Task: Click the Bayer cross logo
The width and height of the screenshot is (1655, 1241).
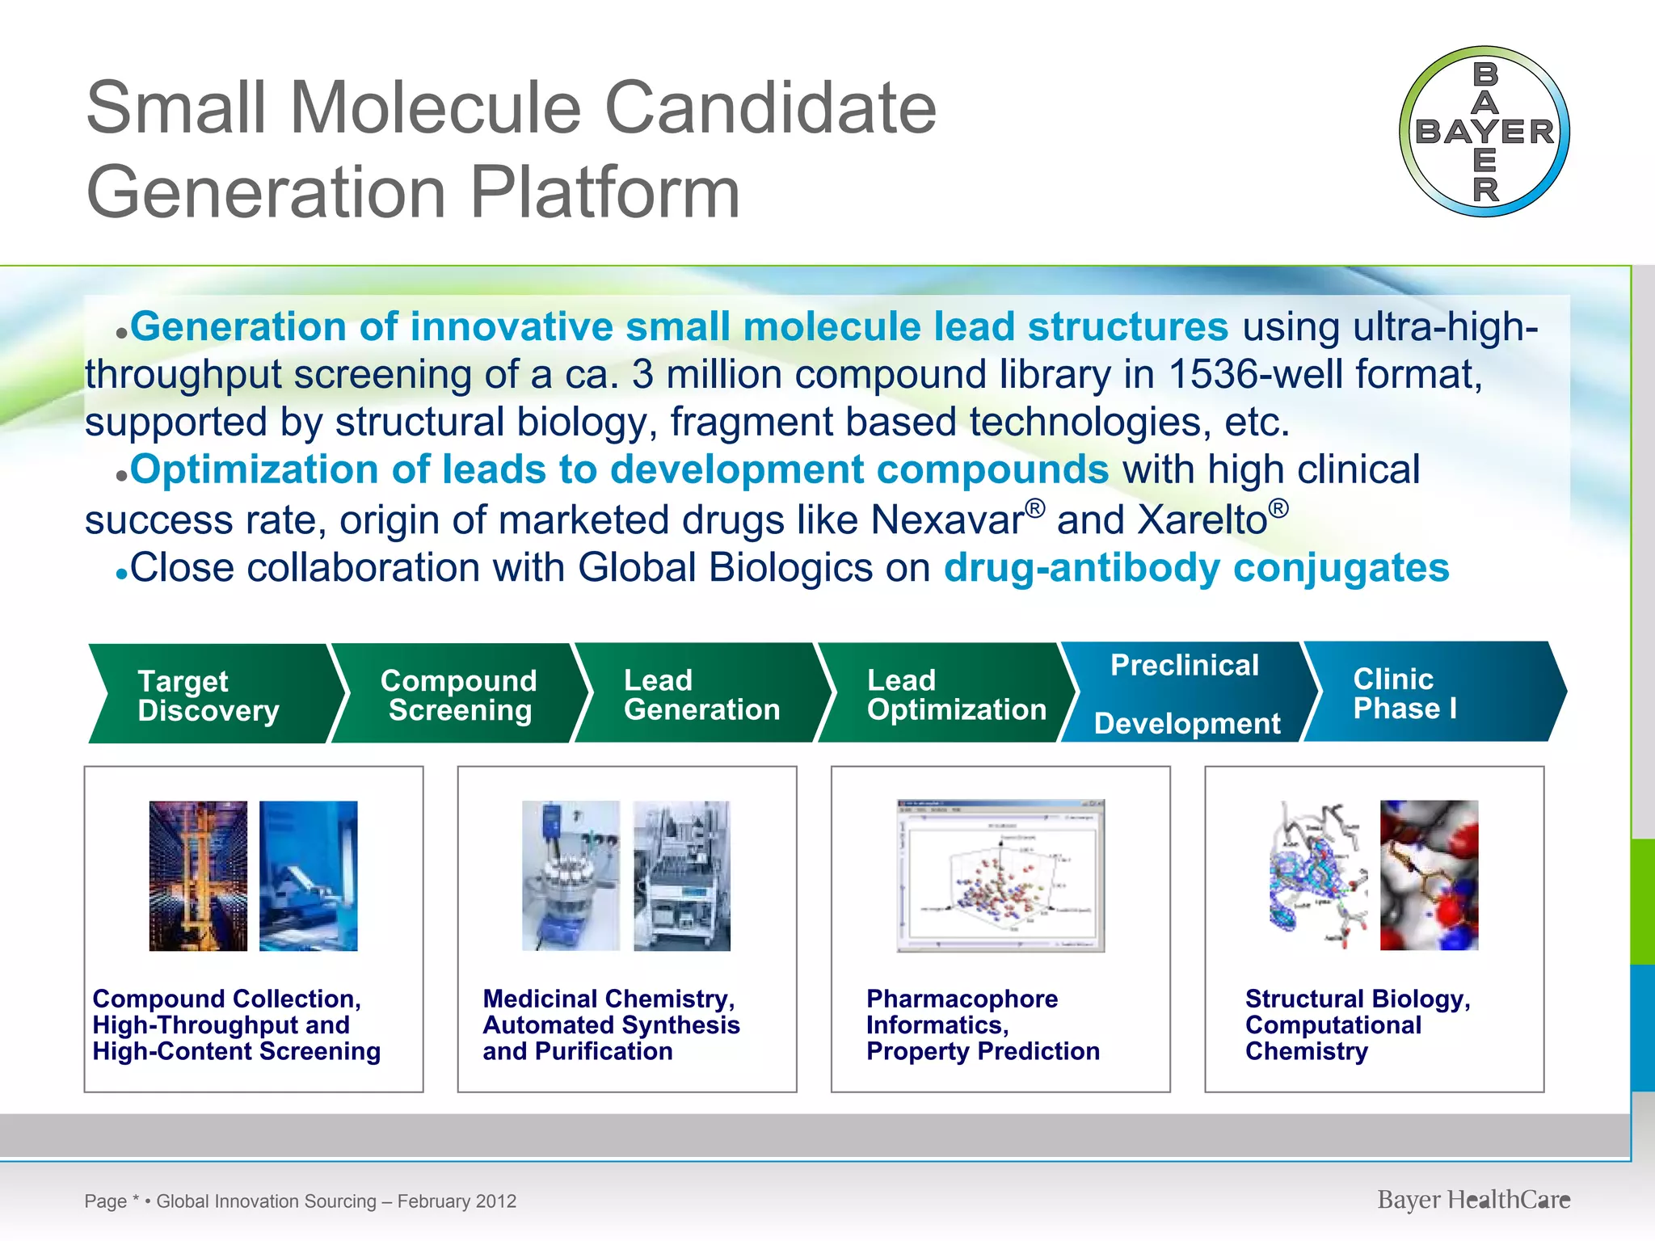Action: (x=1484, y=132)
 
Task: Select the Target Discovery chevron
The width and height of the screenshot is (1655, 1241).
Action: (x=210, y=695)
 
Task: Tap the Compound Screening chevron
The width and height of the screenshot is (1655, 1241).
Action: (x=458, y=695)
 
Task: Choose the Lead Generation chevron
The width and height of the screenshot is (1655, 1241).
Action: (x=701, y=694)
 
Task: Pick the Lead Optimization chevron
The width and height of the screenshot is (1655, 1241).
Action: (x=945, y=694)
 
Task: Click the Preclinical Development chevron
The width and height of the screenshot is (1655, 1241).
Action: (x=1185, y=693)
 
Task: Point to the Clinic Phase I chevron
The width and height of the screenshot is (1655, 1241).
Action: (x=1422, y=692)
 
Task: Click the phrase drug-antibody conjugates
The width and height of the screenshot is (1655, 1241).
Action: (x=1196, y=567)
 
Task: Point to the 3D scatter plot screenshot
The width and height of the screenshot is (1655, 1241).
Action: (x=1000, y=876)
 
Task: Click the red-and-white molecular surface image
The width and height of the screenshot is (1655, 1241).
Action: (x=1429, y=875)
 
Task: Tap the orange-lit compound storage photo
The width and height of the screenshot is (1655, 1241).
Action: (x=198, y=876)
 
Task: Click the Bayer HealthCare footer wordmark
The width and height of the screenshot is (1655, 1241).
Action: (x=1473, y=1200)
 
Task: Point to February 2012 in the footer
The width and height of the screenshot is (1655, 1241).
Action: (x=457, y=1201)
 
